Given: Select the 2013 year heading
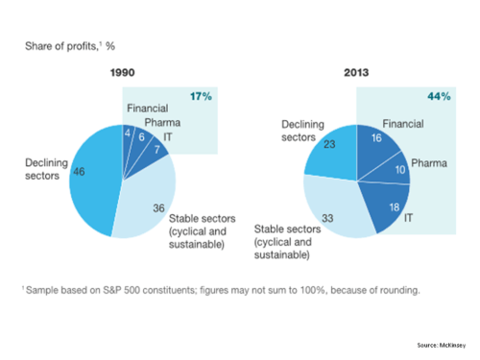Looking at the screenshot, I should (355, 72).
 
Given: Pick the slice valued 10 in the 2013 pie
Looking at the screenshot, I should (395, 172).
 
